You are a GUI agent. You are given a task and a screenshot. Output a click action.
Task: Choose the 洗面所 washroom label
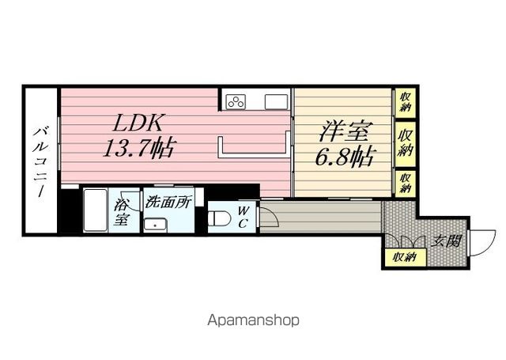click(x=168, y=202)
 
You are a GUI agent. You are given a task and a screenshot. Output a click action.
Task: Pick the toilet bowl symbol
click(x=218, y=218)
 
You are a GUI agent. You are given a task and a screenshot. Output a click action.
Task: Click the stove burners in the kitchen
click(x=237, y=100)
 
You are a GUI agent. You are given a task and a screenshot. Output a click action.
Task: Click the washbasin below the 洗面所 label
click(x=156, y=222)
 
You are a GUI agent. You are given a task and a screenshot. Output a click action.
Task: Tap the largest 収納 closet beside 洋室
click(x=406, y=142)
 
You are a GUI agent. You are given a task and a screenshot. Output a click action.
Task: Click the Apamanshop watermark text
click(x=252, y=321)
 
